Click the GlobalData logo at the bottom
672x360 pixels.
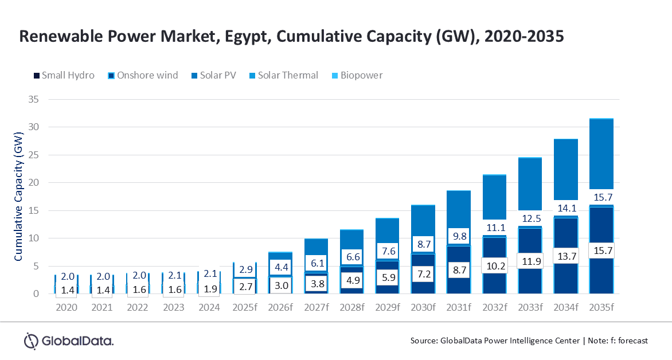tap(68, 341)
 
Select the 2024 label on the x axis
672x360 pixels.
tap(209, 307)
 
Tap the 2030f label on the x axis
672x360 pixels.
tap(423, 307)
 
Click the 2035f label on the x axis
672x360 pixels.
tap(600, 307)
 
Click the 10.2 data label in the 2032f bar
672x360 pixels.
tap(494, 267)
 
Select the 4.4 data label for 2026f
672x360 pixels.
tap(280, 267)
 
